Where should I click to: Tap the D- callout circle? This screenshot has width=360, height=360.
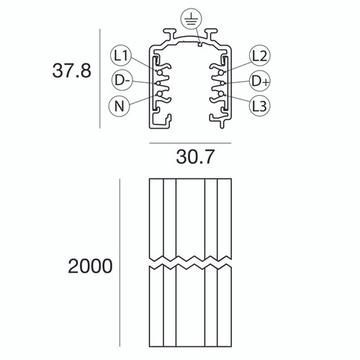(121, 80)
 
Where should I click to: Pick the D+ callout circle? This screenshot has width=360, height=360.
(259, 80)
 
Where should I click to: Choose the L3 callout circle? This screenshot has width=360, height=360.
(259, 106)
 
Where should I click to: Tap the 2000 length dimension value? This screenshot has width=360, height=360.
(90, 266)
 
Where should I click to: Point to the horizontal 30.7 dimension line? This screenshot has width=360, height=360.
(190, 143)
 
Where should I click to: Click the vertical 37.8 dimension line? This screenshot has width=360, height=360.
(98, 80)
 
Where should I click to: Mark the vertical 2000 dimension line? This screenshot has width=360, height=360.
(119, 266)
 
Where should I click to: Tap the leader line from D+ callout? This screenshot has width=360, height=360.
(238, 81)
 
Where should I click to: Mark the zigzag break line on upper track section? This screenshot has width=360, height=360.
(190, 257)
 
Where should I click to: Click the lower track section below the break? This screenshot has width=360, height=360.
(190, 310)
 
